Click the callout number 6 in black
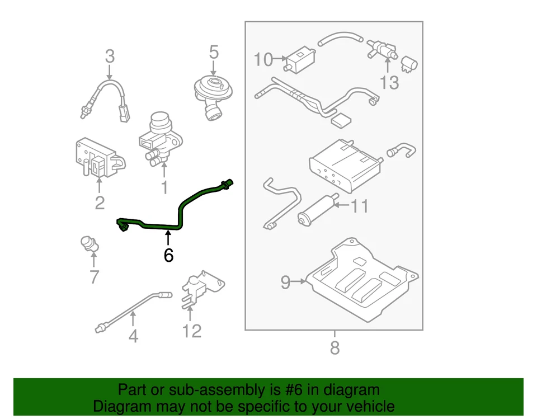tap(168, 255)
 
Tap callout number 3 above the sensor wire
tap(110, 57)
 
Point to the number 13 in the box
tap(389, 83)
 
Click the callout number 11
tap(359, 206)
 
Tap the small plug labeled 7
tap(88, 244)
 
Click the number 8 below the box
tap(335, 348)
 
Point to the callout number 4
tap(133, 336)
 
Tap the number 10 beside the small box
tap(263, 59)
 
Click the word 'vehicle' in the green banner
tap(366, 406)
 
